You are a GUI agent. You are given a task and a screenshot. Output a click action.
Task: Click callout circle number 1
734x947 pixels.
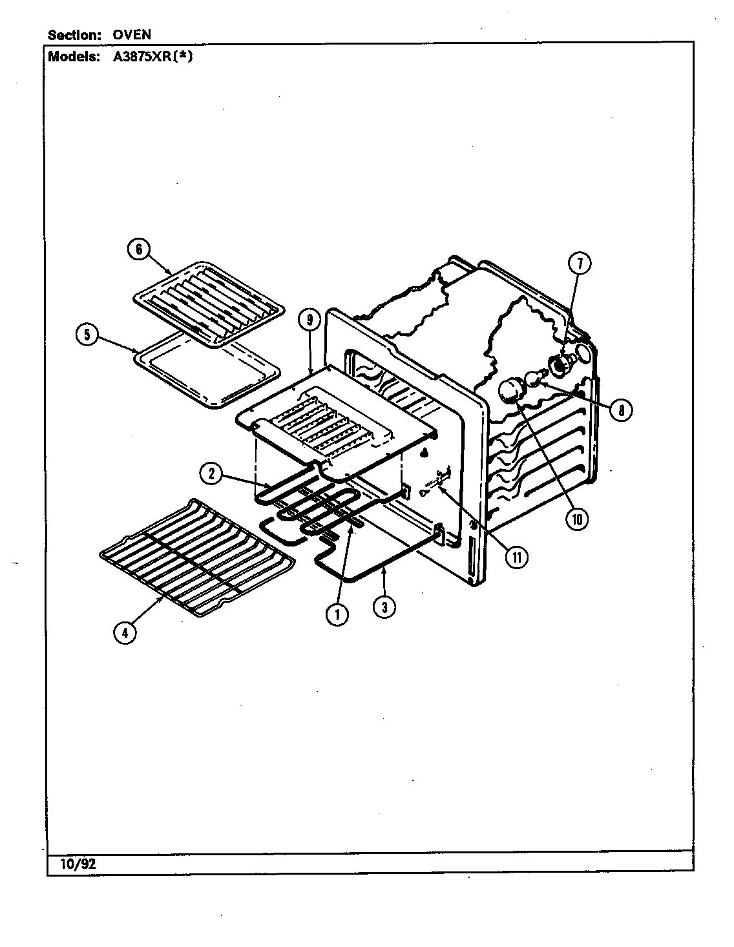[x=337, y=614]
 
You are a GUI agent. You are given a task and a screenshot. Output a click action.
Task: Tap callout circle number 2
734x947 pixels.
[x=211, y=473]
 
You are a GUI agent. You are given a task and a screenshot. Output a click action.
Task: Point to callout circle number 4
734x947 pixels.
[x=125, y=632]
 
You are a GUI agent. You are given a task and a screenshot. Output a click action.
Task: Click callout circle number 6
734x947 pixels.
[x=139, y=249]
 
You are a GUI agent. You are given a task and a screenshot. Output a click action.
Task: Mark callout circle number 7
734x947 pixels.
[x=579, y=263]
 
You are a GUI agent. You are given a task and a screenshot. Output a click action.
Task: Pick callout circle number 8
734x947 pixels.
[x=621, y=410]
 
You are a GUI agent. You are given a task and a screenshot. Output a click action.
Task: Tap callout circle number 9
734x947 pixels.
[x=310, y=320]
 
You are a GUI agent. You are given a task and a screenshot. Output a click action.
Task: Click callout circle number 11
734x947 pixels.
[x=516, y=556]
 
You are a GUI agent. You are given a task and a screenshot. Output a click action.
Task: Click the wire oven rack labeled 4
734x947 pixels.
[x=197, y=557]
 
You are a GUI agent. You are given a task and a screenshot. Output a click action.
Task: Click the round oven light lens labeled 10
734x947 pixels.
[x=510, y=391]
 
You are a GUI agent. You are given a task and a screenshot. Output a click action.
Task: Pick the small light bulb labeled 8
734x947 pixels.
[x=534, y=379]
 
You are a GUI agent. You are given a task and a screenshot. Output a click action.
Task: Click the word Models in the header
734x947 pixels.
[x=72, y=56]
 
